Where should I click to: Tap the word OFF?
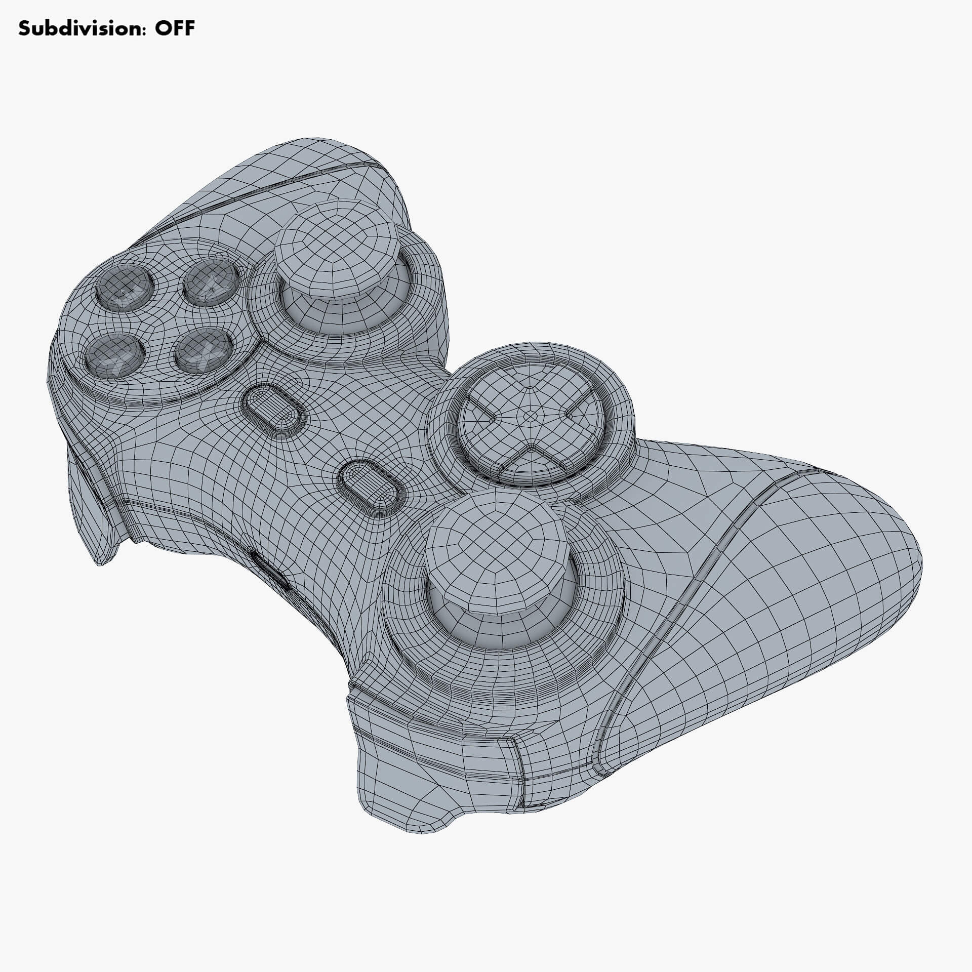coord(175,28)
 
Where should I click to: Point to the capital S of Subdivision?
coord(24,28)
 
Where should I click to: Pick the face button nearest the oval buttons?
coord(204,349)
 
